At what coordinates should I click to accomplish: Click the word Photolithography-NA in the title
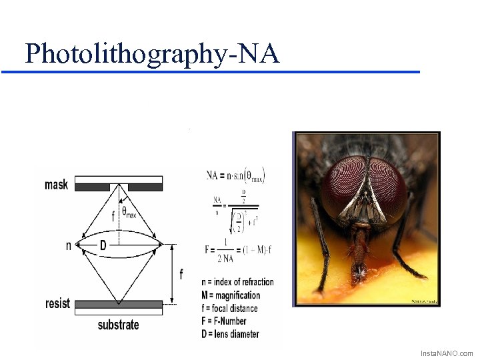[152, 53]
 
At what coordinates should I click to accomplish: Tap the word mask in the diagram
[56, 184]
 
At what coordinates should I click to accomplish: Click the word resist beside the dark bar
[57, 303]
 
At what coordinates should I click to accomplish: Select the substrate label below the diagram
[118, 325]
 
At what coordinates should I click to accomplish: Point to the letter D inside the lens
[103, 245]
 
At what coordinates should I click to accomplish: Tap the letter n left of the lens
[68, 245]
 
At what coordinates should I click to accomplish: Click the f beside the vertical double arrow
[181, 274]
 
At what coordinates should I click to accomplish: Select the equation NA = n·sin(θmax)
[235, 176]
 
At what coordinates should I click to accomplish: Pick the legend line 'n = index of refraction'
[237, 282]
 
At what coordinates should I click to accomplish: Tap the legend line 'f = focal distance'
[229, 308]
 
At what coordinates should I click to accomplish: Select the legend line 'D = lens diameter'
[230, 334]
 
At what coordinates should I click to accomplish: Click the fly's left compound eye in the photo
[339, 183]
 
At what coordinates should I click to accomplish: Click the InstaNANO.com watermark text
[446, 353]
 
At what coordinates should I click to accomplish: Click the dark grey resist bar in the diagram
[118, 304]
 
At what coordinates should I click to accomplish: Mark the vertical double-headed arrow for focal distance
[171, 274]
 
